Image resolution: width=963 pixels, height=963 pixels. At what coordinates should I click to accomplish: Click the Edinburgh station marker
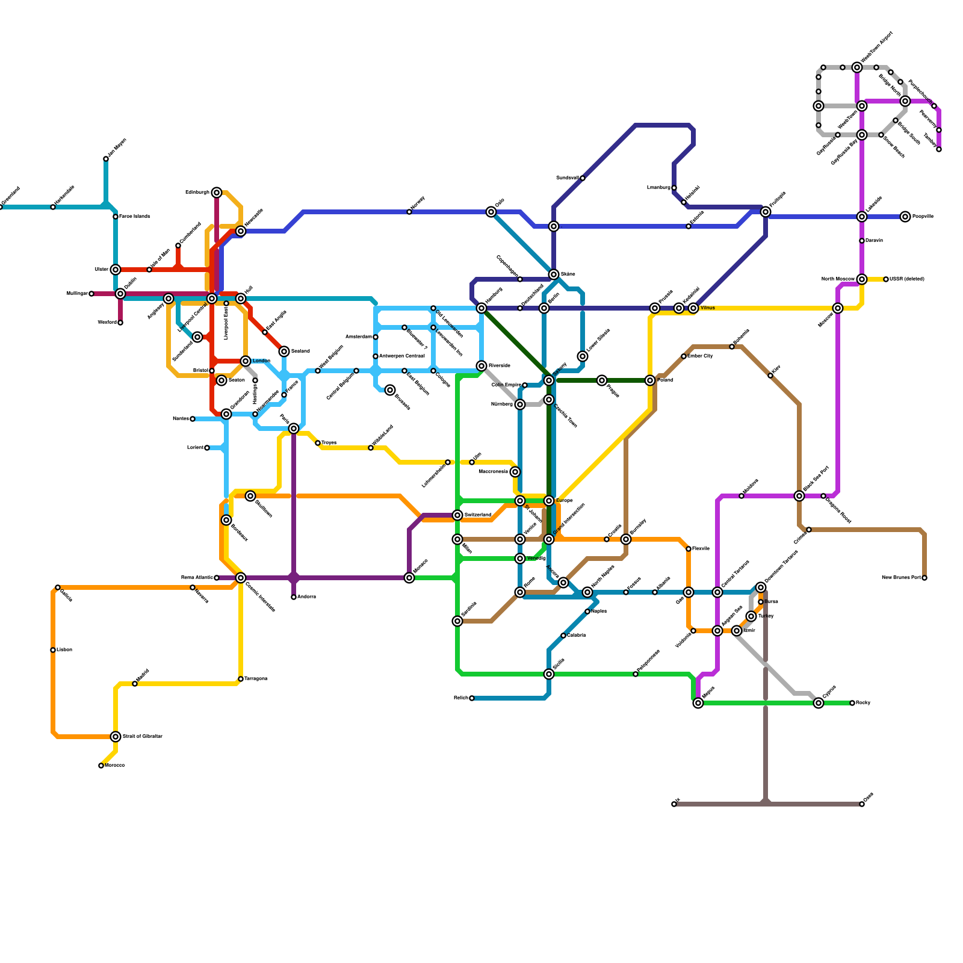tap(217, 193)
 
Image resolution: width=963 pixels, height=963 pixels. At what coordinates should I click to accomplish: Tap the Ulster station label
tap(101, 270)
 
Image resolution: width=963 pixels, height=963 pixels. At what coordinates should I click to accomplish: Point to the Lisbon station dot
tap(53, 650)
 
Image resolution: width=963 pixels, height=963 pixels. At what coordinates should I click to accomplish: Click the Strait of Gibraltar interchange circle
tap(116, 737)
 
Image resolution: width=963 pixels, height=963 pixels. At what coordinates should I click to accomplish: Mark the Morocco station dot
tap(101, 766)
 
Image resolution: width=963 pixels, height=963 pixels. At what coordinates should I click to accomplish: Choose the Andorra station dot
tap(294, 597)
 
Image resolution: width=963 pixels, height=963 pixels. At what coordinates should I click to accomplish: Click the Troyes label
tap(329, 443)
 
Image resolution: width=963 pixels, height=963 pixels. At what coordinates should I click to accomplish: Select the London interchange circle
tap(246, 361)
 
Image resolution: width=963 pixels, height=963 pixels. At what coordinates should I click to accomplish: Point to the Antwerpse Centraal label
tap(402, 356)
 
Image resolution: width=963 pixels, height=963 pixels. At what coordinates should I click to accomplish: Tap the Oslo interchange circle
tap(491, 212)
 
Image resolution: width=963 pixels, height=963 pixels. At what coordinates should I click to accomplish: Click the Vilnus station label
tap(708, 308)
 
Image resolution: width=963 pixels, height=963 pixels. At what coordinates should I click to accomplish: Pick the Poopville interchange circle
tap(905, 217)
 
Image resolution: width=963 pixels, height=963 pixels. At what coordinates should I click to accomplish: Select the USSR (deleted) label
tap(907, 279)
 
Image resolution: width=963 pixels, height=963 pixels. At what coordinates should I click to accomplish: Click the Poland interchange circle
tap(650, 380)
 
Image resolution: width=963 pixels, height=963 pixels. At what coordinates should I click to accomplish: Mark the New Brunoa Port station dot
tap(924, 578)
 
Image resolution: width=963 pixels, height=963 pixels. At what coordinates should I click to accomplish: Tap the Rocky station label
tap(863, 703)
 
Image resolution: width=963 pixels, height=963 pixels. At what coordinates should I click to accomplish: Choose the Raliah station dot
tap(472, 698)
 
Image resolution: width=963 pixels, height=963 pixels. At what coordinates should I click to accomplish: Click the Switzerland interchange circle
tap(457, 515)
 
